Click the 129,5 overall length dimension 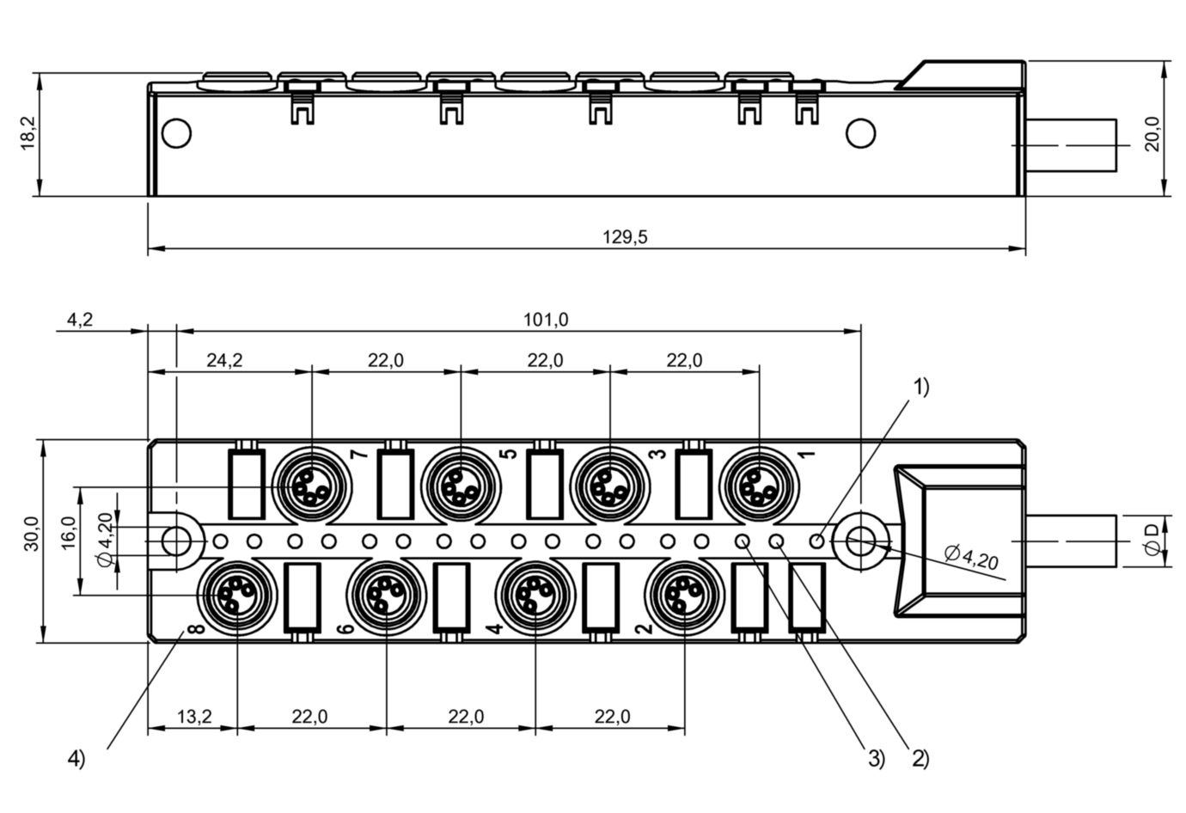[x=625, y=238]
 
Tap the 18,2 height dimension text [x=28, y=133]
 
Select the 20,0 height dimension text [x=1152, y=133]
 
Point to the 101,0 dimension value [x=546, y=321]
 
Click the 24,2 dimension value [x=224, y=361]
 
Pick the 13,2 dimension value [x=195, y=717]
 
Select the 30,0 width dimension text [x=31, y=533]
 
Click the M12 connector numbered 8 [x=236, y=594]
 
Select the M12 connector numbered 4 [x=535, y=594]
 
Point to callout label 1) [x=920, y=388]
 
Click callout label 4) [x=76, y=759]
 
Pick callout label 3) [x=875, y=759]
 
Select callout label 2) [x=920, y=759]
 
